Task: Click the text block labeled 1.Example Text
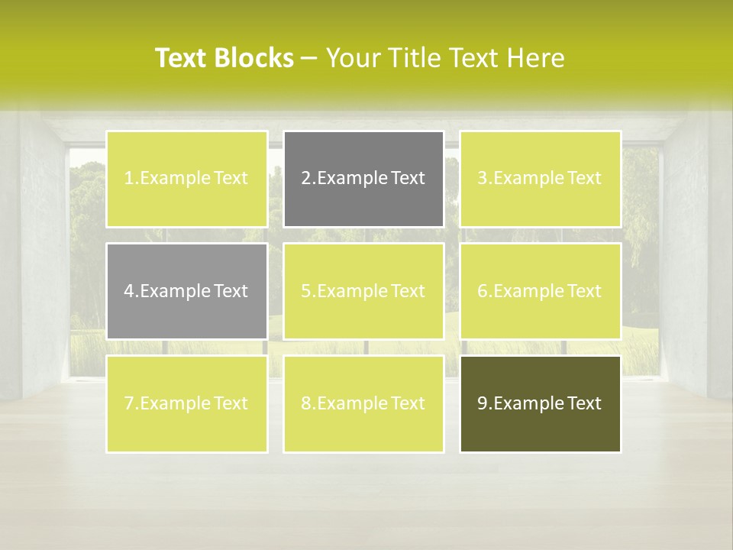tap(186, 179)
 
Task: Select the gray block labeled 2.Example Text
tap(363, 179)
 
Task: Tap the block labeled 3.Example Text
tap(540, 179)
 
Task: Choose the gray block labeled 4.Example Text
tap(186, 291)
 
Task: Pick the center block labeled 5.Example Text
tap(363, 291)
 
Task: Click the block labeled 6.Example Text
tap(540, 291)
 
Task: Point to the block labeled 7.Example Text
tap(186, 403)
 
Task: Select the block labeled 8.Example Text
tap(363, 403)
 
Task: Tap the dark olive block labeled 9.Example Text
tap(540, 403)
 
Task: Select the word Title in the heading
tap(415, 58)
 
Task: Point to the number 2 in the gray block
tap(305, 179)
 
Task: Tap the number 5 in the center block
tap(305, 291)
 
